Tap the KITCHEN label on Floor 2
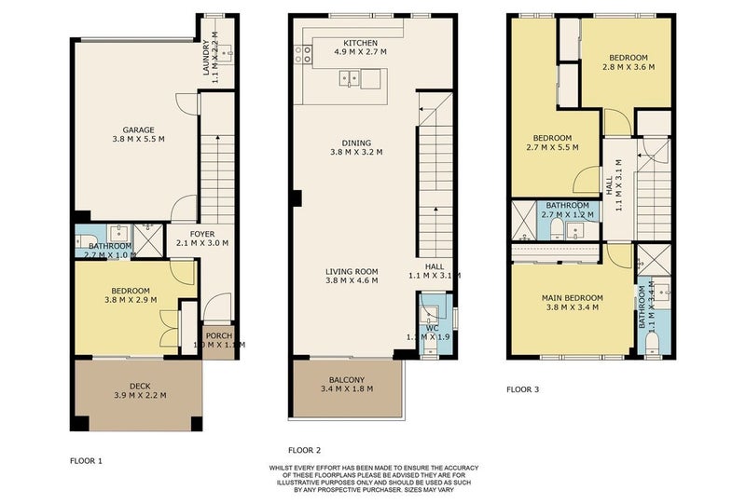(359, 44)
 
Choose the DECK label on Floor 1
(138, 385)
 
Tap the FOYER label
(202, 233)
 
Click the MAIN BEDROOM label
(573, 298)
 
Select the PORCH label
(218, 336)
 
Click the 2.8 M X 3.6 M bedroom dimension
(625, 67)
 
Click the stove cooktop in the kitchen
(303, 55)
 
